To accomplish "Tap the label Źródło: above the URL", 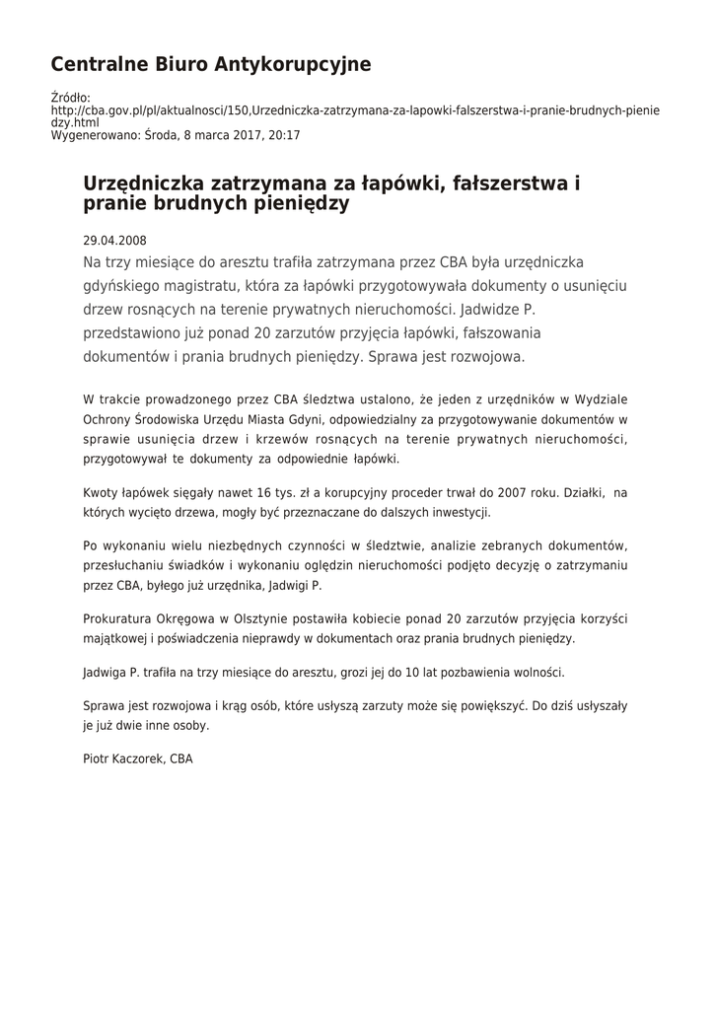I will click(x=70, y=98).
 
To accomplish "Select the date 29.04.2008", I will click(x=115, y=240).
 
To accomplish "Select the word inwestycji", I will click(x=457, y=512).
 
